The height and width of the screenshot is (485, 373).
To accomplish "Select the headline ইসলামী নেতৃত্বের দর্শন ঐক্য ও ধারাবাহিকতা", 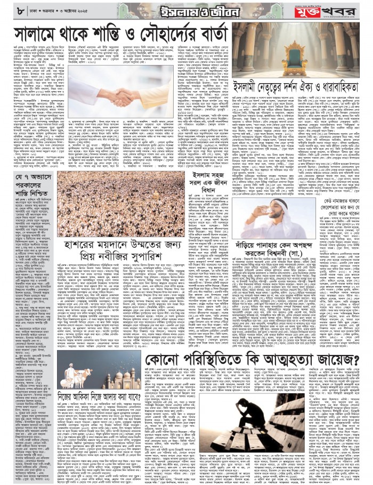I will pos(302,85).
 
